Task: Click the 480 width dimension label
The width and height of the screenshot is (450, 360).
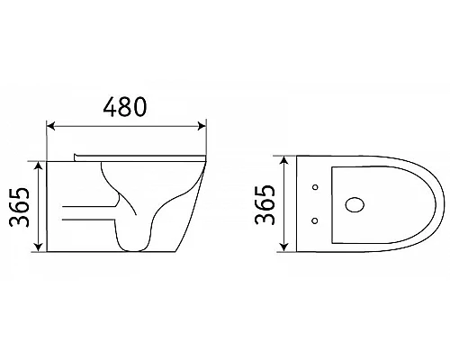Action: click(126, 108)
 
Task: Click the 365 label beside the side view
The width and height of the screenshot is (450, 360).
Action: click(19, 207)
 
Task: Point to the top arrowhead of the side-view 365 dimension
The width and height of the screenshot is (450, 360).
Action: click(39, 165)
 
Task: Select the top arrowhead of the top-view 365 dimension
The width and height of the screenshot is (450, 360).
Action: click(287, 159)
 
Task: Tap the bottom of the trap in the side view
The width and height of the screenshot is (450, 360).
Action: click(133, 248)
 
